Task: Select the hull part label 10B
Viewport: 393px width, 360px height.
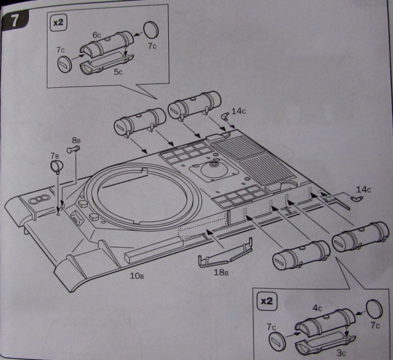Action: coord(137,275)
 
